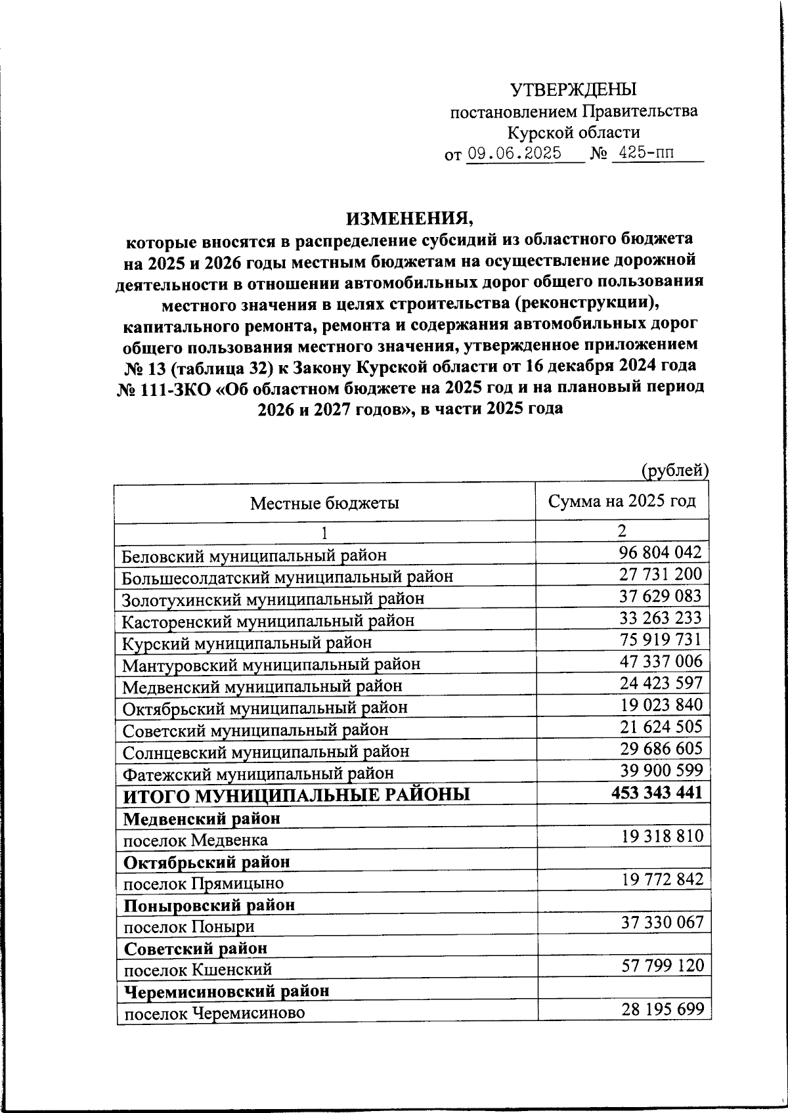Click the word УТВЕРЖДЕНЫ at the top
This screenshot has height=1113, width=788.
point(574,89)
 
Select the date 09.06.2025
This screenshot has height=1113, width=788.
point(514,154)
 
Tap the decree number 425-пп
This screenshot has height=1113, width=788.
point(646,154)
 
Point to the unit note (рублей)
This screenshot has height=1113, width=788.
point(674,470)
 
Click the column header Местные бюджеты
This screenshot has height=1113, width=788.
point(325,504)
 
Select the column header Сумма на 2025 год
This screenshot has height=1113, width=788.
point(622,502)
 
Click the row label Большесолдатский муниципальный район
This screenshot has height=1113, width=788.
point(288,577)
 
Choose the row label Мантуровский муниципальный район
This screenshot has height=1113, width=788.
point(271,665)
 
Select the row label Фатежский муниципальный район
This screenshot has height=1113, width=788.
point(258,774)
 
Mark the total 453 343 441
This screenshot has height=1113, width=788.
point(657,793)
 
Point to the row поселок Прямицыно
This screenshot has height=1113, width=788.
point(204,883)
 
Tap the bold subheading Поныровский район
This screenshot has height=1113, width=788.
point(209,905)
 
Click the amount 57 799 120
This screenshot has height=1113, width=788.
point(662,965)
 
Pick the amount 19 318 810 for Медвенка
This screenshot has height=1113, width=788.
point(662,835)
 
